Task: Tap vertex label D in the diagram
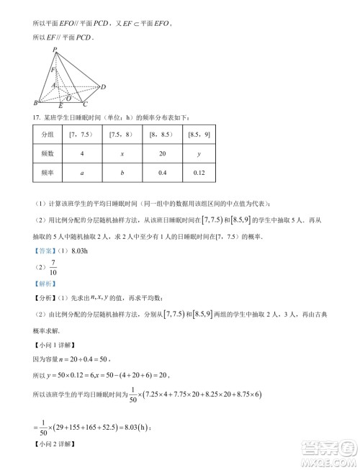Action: click(104, 87)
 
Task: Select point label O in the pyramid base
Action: click(68, 94)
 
